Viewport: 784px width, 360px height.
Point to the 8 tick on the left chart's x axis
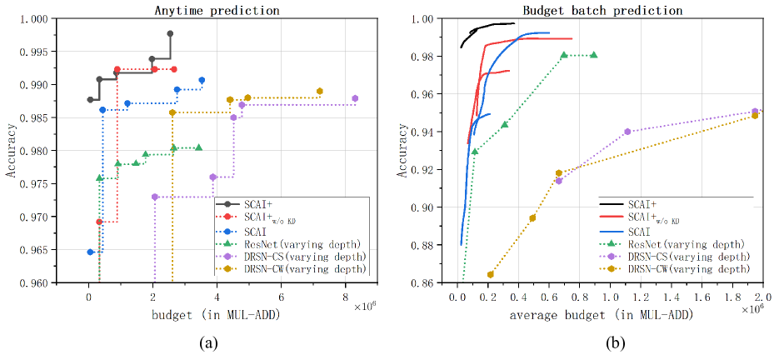(x=346, y=294)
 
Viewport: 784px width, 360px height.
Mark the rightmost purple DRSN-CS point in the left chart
(x=355, y=98)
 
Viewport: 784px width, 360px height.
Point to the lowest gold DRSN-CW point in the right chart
(x=490, y=274)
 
